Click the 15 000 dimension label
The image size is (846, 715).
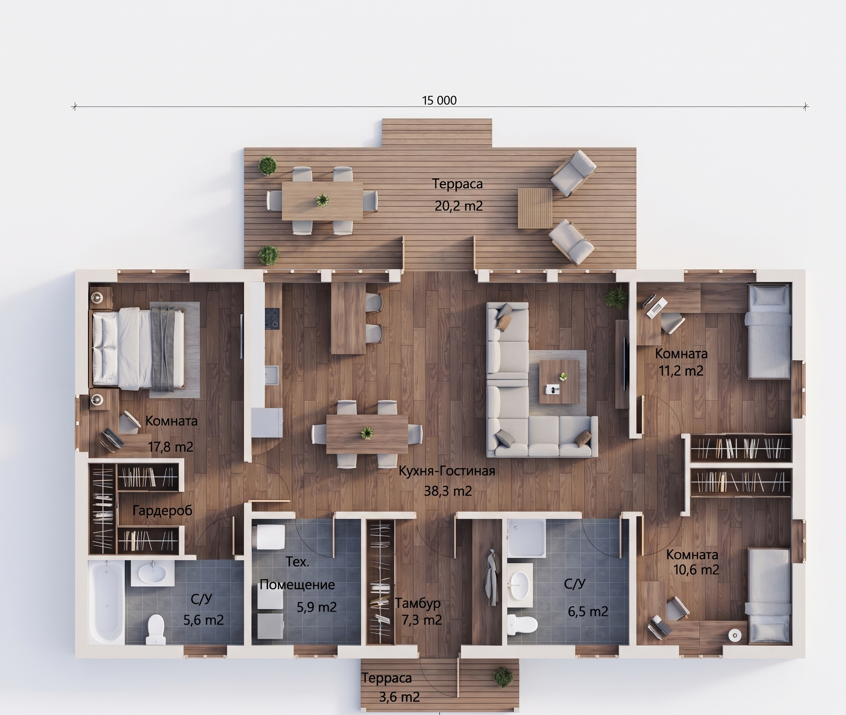pyautogui.click(x=439, y=100)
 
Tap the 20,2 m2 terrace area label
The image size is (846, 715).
pyautogui.click(x=459, y=206)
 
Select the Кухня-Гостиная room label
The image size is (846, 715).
pyautogui.click(x=447, y=471)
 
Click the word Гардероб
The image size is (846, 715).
pyautogui.click(x=162, y=510)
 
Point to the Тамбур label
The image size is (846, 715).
pyautogui.click(x=418, y=604)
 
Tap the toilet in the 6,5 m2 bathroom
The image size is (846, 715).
pyautogui.click(x=523, y=624)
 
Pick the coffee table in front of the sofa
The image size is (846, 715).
pyautogui.click(x=559, y=381)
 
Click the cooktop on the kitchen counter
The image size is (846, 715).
pyautogui.click(x=272, y=318)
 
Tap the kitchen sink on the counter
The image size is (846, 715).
pyautogui.click(x=271, y=375)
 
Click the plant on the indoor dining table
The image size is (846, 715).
pyautogui.click(x=367, y=433)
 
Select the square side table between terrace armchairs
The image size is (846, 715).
pyautogui.click(x=535, y=208)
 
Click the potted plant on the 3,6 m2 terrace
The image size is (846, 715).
pyautogui.click(x=502, y=676)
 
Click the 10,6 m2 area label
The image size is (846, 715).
pyautogui.click(x=696, y=570)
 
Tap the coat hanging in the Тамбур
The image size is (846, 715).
pyautogui.click(x=491, y=578)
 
